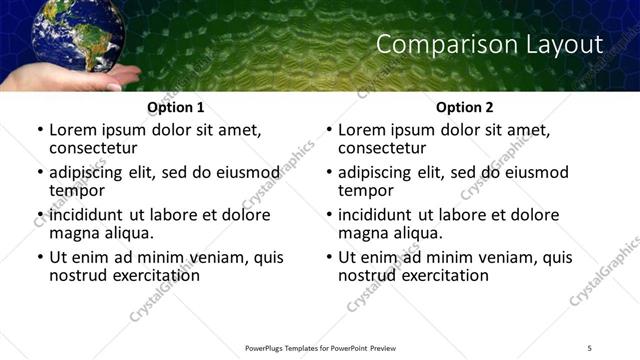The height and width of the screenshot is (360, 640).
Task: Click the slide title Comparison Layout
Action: tap(489, 45)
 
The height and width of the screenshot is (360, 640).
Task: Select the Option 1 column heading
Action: tap(175, 107)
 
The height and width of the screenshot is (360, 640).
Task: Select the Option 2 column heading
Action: tap(464, 107)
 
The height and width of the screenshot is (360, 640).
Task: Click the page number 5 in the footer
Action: tap(589, 347)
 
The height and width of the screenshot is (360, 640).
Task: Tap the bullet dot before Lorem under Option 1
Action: tap(39, 130)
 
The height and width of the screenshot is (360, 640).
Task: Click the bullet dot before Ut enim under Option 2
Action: tap(328, 258)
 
